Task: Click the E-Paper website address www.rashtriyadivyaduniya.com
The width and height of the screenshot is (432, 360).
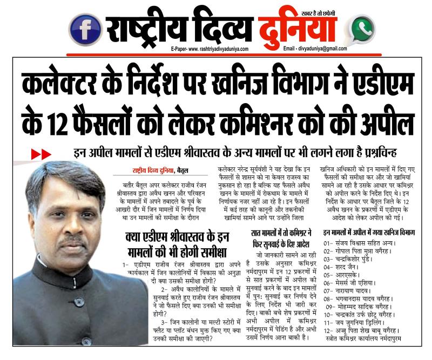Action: point(208,49)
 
